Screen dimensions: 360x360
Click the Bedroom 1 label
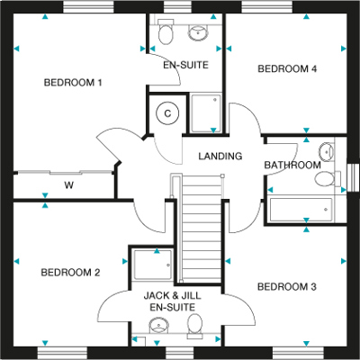click(73, 82)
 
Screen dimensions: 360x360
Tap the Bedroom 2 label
click(70, 273)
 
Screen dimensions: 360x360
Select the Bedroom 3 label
click(287, 287)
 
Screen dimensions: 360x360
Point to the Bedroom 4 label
click(287, 68)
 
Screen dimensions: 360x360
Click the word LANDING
click(220, 156)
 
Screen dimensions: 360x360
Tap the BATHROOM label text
click(292, 165)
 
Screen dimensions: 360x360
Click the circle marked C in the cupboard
click(167, 113)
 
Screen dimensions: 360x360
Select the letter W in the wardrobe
click(69, 185)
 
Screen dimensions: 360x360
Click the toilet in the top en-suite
click(166, 31)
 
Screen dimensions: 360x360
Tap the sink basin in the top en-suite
click(198, 32)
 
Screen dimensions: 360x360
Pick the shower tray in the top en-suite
click(206, 113)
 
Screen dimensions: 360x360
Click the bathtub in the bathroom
click(301, 210)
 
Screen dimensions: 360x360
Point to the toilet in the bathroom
click(327, 179)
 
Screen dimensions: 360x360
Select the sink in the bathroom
click(327, 152)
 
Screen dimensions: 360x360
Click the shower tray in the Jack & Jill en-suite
click(153, 265)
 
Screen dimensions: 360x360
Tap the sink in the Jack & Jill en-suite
click(159, 326)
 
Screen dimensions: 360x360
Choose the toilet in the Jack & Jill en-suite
click(194, 326)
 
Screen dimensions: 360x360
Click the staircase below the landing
click(202, 229)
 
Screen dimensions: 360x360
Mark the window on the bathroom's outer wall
click(353, 178)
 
